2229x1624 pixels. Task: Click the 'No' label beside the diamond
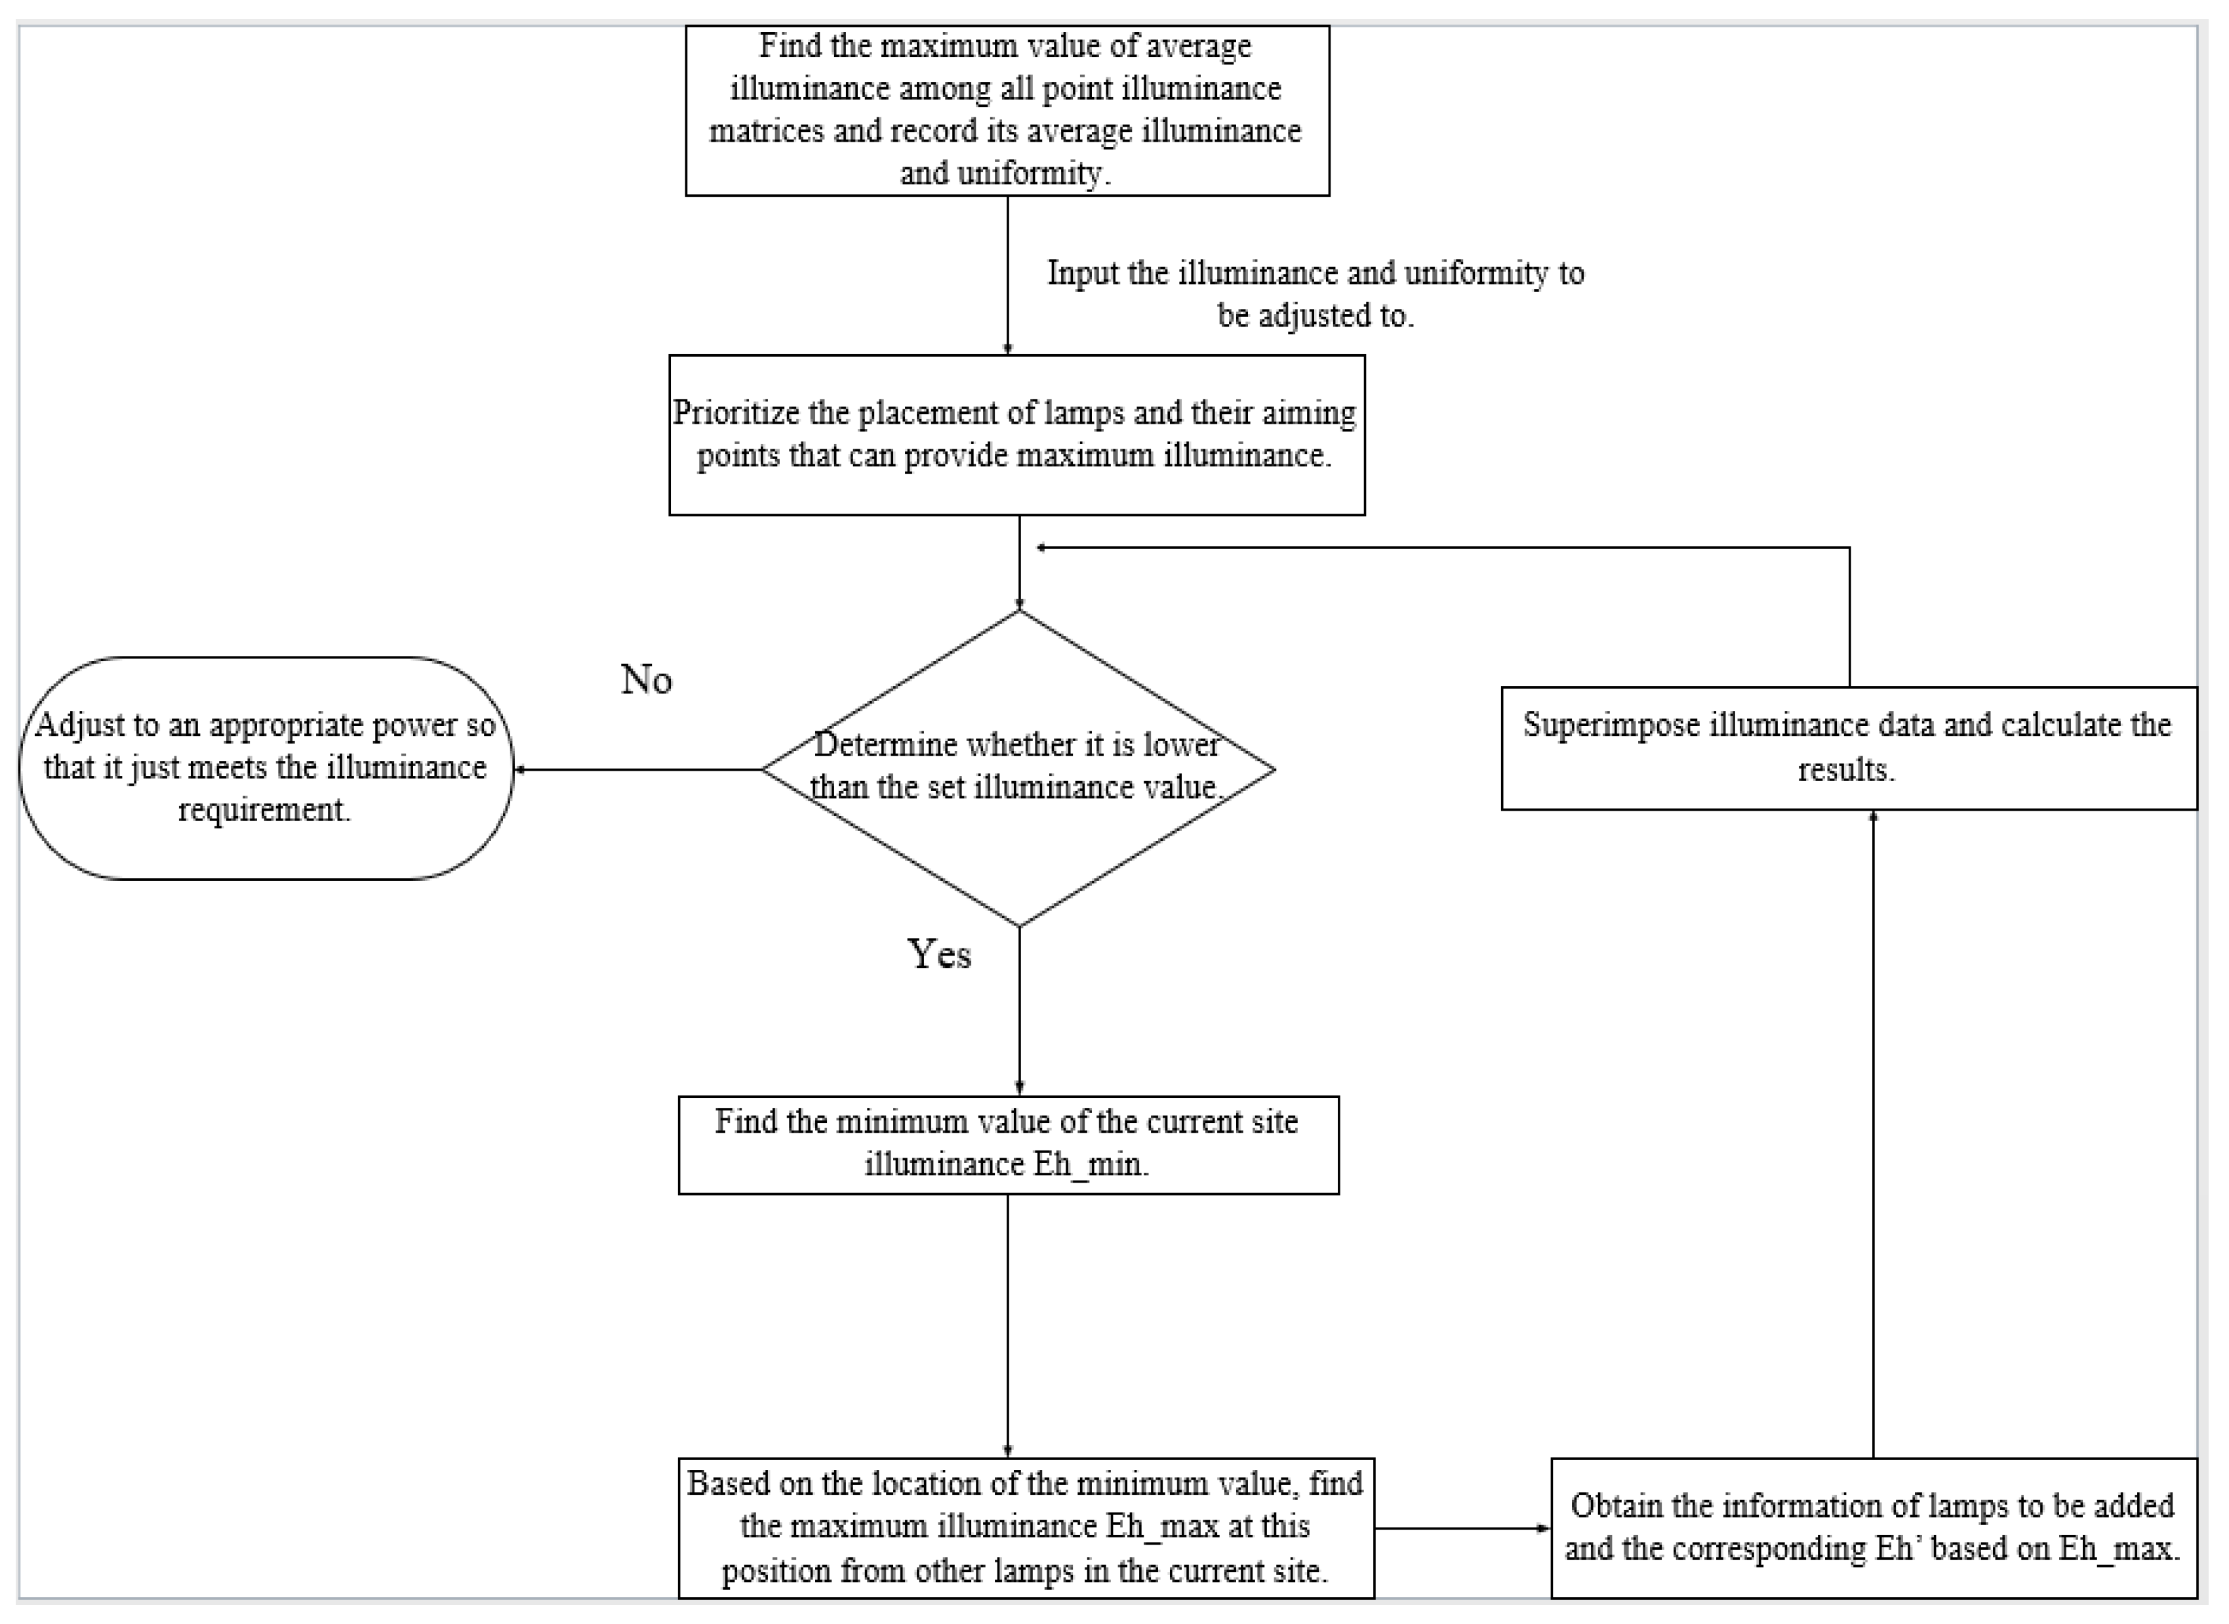(646, 680)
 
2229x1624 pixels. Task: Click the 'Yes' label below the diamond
(938, 954)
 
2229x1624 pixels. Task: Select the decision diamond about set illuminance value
(1018, 845)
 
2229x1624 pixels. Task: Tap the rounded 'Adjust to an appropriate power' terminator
(266, 768)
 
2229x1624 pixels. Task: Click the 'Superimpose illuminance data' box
(1848, 748)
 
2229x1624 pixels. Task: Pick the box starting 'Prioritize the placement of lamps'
(1016, 434)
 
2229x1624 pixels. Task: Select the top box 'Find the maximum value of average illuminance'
(1007, 110)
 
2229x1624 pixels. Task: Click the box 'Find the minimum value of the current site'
(1007, 1145)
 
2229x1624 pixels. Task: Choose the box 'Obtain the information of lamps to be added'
(1873, 1527)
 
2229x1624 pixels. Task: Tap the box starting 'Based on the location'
(1025, 1527)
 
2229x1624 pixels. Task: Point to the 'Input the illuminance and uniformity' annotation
(1315, 293)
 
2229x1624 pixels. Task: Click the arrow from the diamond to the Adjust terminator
(639, 770)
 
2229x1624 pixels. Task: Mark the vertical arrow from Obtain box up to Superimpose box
(1873, 1131)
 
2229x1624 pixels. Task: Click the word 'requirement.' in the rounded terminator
(264, 810)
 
